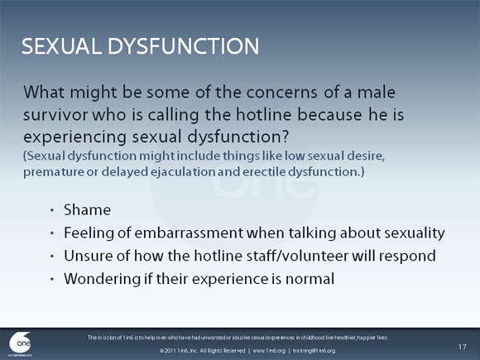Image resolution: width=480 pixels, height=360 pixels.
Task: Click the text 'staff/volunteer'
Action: point(265,256)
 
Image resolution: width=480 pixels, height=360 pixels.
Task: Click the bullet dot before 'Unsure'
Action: point(53,257)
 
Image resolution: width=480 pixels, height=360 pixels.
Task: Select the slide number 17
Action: point(463,344)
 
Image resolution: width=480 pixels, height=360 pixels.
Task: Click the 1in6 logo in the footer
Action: point(22,343)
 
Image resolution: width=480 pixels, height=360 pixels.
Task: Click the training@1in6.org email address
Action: point(310,351)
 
